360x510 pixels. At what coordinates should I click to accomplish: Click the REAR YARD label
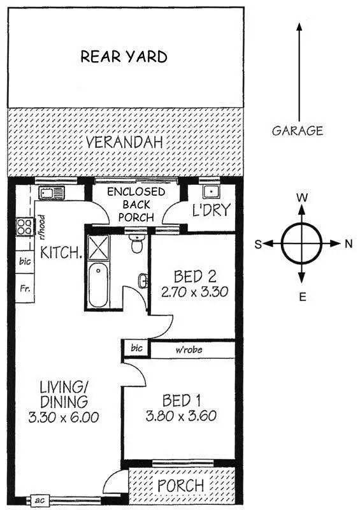pos(124,56)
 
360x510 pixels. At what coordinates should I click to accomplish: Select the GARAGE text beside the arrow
pos(298,131)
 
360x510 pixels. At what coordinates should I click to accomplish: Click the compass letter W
pos(302,198)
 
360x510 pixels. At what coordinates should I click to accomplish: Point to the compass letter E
pos(303,296)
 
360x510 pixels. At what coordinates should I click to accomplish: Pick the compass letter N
pos(349,244)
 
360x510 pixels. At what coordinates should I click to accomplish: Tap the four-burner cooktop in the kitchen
pos(25,226)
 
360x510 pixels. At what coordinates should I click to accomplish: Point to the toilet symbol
pos(134,243)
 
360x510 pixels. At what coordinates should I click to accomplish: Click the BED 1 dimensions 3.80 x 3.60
pos(181,418)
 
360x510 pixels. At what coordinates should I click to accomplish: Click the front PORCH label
pos(182,486)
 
